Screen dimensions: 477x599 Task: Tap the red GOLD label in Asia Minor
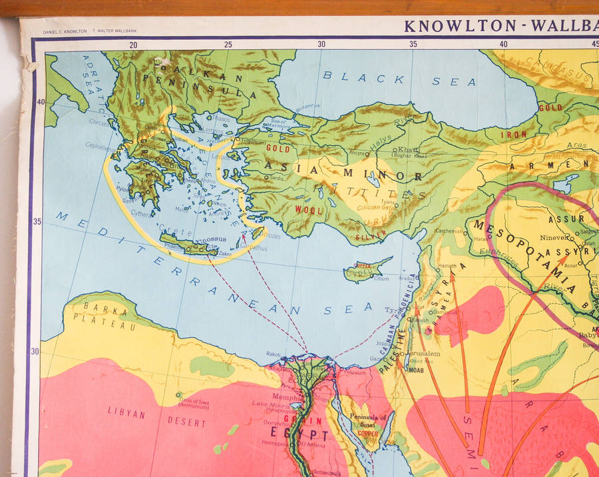[278, 149]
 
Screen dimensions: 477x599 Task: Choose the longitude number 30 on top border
[321, 44]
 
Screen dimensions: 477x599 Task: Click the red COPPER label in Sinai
[368, 434]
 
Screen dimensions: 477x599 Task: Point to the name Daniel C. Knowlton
[64, 31]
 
